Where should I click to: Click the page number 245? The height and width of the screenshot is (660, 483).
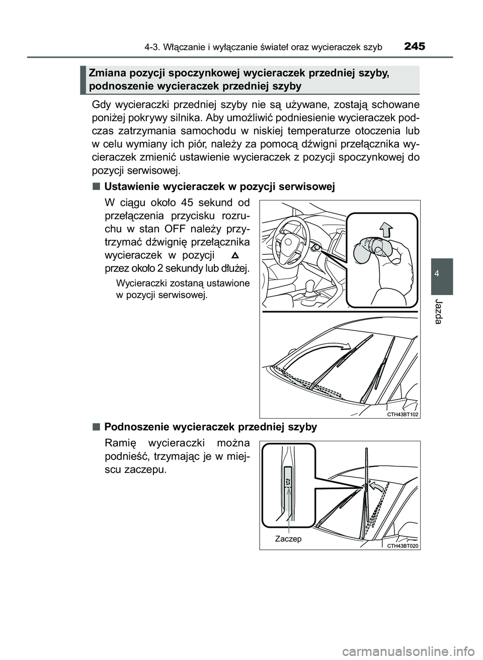414,47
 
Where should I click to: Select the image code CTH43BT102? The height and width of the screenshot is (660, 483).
402,414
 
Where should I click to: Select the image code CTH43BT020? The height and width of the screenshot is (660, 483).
402,545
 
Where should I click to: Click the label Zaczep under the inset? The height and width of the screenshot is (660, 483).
288,539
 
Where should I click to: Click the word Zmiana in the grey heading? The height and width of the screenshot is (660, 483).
107,73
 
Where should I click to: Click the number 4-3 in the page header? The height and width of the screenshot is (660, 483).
150,47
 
